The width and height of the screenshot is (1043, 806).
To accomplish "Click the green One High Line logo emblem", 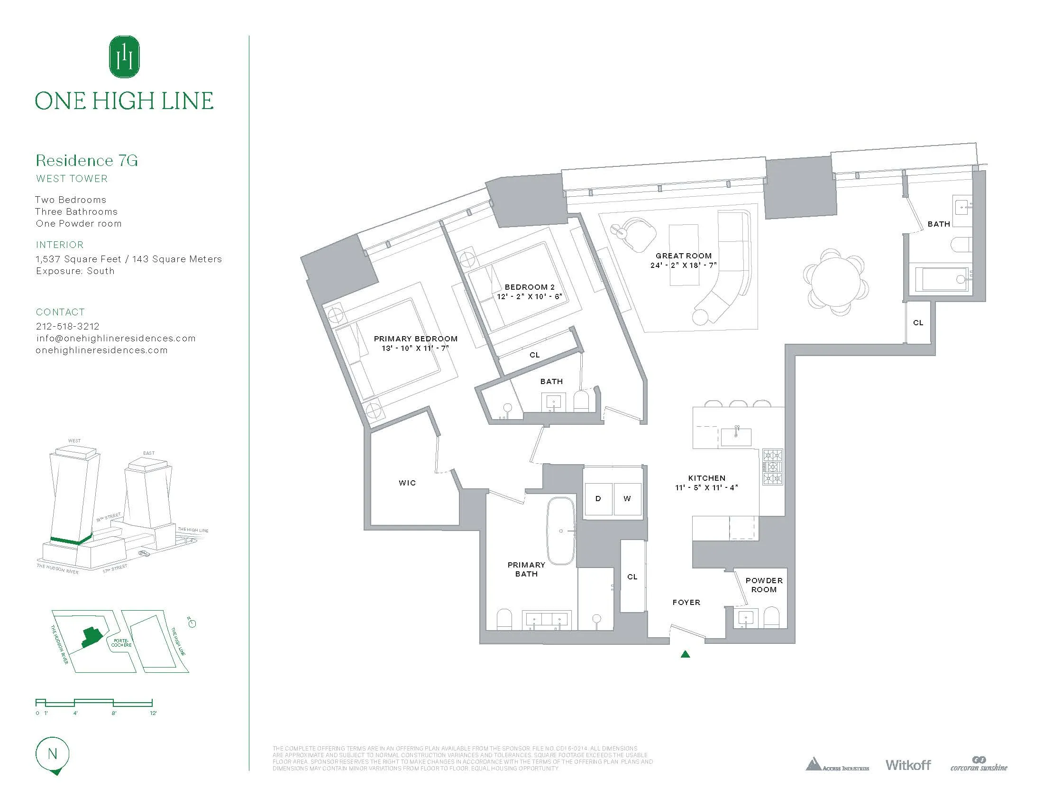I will (125, 56).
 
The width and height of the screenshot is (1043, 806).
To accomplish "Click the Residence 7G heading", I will (87, 160).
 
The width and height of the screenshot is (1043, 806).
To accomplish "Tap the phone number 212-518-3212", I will (68, 326).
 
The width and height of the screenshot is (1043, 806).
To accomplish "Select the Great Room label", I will (683, 256).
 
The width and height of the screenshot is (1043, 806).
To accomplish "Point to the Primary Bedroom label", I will (415, 339).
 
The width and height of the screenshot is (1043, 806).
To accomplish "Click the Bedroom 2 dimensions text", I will (529, 296).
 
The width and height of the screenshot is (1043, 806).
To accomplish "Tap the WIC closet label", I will (407, 483).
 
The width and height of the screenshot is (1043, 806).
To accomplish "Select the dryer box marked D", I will (598, 498).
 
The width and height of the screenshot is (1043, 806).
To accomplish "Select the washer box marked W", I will (627, 498).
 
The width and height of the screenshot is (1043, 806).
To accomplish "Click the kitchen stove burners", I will (772, 467).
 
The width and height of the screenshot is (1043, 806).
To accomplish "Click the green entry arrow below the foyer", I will (686, 654).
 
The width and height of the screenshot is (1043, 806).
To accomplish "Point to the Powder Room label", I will (764, 585).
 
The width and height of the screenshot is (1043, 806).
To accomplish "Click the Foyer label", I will (686, 603).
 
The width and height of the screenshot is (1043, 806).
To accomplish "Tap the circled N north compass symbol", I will (53, 754).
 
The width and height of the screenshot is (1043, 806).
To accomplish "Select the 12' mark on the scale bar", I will (153, 714).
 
